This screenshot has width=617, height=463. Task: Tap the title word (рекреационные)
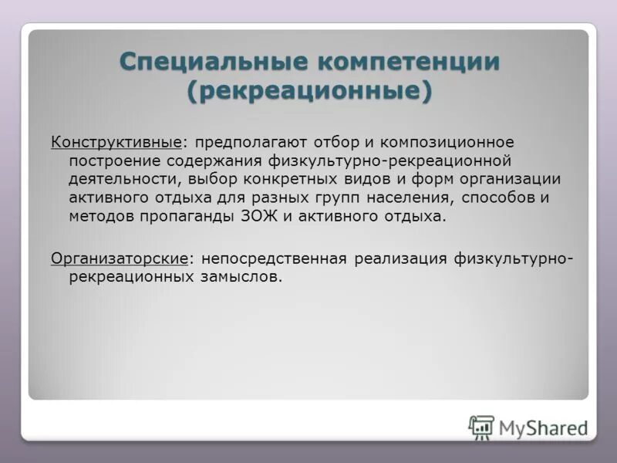click(308, 90)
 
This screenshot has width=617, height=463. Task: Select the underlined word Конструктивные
click(116, 143)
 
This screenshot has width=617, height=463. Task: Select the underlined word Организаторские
click(120, 258)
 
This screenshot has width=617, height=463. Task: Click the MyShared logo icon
click(481, 426)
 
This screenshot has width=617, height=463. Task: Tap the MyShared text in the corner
click(543, 428)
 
